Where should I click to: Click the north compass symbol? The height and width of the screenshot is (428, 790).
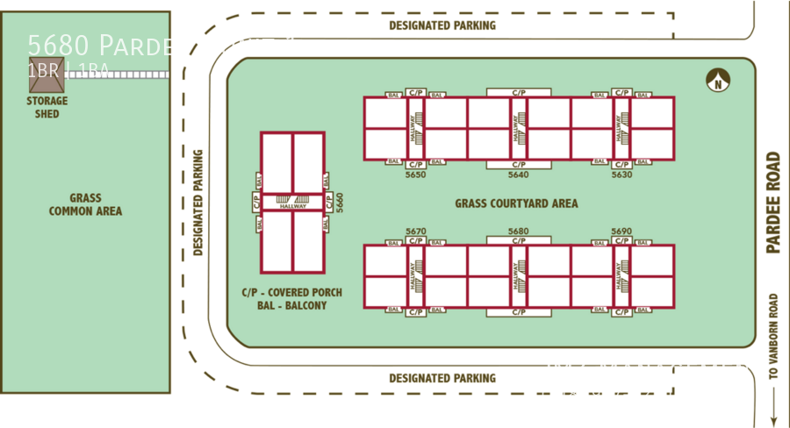[x=718, y=81]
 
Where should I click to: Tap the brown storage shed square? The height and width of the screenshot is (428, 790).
[x=46, y=78]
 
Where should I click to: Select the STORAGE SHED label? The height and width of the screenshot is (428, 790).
[x=47, y=107]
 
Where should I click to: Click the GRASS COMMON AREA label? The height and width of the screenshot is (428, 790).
[x=85, y=204]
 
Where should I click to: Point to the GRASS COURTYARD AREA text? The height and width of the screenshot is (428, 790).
[x=516, y=203]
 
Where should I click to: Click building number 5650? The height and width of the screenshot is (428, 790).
[x=415, y=175]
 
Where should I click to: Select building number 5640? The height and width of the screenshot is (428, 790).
[x=518, y=175]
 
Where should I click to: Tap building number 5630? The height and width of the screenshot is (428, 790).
[x=621, y=175]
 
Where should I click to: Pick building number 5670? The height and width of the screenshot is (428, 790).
[x=415, y=232]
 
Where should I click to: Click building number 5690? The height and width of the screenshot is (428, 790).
[x=621, y=232]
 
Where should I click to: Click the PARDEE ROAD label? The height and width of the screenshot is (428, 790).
[x=772, y=203]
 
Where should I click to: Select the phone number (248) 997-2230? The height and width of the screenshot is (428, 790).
[x=607, y=393]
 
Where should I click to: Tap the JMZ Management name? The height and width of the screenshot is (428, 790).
[x=651, y=370]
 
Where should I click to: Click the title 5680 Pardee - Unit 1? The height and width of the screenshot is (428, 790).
[x=162, y=46]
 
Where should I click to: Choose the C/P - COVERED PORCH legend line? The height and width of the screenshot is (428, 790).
[x=291, y=292]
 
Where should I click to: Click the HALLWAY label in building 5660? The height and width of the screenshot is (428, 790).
[x=292, y=206]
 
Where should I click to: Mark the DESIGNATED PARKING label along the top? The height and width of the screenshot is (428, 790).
[x=442, y=26]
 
